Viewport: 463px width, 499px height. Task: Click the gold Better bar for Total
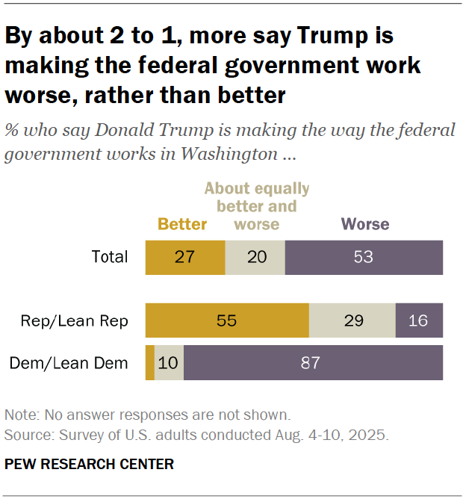coord(184,258)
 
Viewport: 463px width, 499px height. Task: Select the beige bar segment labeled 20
coord(255,258)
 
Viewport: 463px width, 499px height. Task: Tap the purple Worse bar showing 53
coord(364,258)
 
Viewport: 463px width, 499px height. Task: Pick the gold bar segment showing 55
coord(227,320)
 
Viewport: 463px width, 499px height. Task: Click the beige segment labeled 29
coord(352,320)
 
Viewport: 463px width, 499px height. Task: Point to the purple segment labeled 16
coord(419,320)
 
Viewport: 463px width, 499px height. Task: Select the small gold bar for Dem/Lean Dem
coord(149,363)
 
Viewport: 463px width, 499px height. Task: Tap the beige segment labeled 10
coord(169,363)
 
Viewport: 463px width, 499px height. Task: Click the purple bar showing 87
coord(313,363)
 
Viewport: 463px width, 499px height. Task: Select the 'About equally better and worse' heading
coord(256,206)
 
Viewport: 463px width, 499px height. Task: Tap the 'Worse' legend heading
coord(365,224)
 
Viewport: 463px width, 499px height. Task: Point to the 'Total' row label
coord(110,258)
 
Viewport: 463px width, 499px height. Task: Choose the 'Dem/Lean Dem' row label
coord(69,364)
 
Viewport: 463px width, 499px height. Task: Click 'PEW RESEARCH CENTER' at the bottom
coord(89,464)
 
